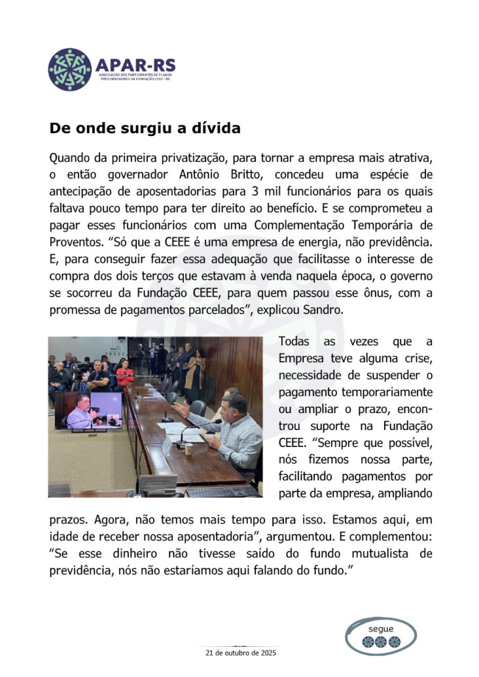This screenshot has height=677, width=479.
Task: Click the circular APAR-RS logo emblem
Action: click(x=70, y=69)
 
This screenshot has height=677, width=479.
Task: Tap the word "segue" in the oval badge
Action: click(x=381, y=629)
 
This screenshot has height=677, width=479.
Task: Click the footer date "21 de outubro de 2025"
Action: click(x=240, y=653)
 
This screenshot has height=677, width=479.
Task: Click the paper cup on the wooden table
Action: click(x=188, y=448)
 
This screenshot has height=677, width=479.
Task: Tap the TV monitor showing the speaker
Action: click(x=87, y=411)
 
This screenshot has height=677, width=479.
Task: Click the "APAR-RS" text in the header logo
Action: click(x=135, y=65)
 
